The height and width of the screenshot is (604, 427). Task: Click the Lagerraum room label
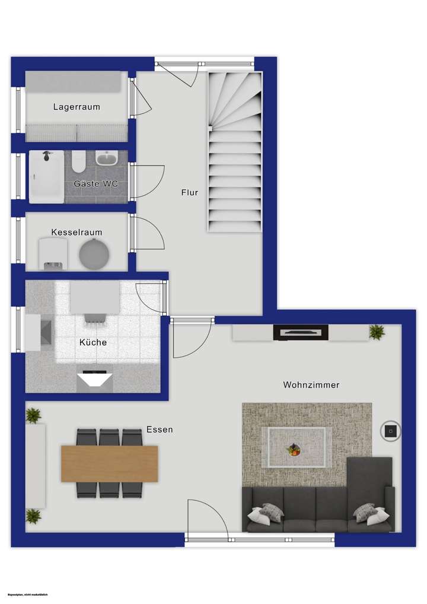[77, 107]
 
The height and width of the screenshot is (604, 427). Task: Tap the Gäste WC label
[95, 184]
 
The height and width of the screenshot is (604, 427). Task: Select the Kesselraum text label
[77, 232]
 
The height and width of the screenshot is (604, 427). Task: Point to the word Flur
[190, 192]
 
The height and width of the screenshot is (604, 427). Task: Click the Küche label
[93, 342]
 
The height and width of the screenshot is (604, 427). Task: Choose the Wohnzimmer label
[311, 385]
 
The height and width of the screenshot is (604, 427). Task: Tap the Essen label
[160, 429]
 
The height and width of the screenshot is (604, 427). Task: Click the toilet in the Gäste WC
[78, 160]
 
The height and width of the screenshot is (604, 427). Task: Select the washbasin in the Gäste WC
[107, 159]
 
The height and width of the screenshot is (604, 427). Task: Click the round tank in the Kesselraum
[94, 253]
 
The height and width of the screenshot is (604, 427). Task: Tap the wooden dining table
[110, 463]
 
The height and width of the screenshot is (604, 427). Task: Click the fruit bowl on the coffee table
[294, 450]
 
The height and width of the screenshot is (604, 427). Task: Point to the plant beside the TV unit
[377, 332]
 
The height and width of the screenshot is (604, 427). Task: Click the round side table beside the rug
[391, 431]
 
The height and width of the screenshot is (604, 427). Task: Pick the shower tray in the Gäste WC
[46, 176]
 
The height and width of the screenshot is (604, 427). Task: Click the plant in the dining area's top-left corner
[34, 415]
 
